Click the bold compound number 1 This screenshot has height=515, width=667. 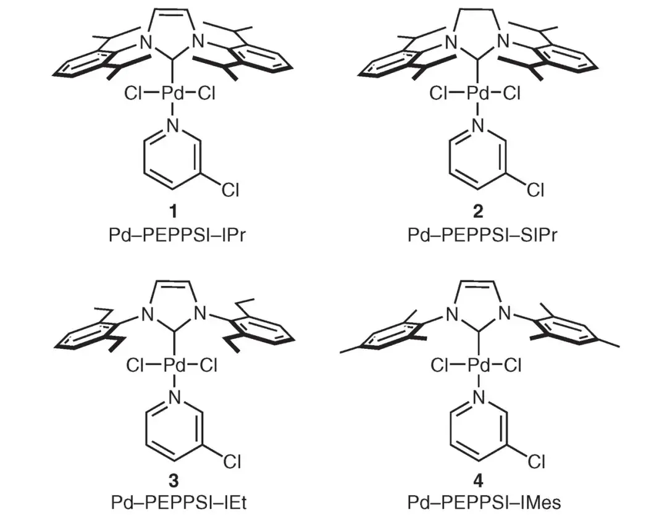(x=174, y=212)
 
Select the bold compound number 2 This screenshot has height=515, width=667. (x=477, y=212)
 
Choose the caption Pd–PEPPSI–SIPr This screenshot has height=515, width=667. (x=478, y=235)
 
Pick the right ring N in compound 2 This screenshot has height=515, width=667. (x=504, y=42)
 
